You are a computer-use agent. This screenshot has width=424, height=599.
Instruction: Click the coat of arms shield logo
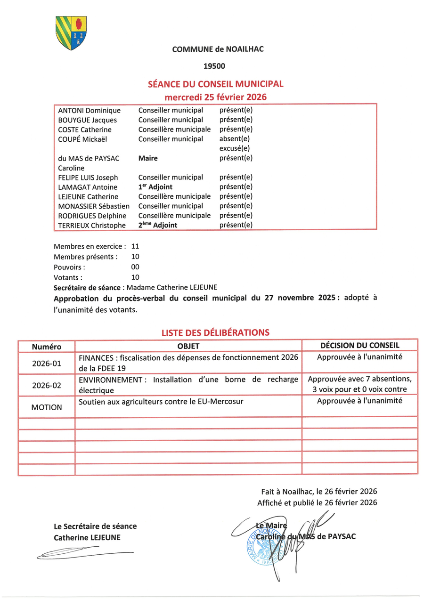tap(71, 33)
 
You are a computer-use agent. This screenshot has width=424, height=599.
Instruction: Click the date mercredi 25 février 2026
tap(215, 97)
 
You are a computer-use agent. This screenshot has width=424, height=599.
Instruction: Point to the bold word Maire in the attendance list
tap(148, 158)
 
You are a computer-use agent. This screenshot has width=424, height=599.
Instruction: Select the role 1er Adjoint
tap(155, 187)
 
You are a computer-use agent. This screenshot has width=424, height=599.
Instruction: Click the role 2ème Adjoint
tap(157, 225)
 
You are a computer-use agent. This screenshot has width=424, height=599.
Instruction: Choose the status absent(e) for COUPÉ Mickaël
tap(234, 139)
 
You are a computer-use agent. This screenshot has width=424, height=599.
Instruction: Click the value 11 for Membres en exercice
tap(135, 246)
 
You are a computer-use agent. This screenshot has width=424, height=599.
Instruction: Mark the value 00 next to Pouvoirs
tap(135, 267)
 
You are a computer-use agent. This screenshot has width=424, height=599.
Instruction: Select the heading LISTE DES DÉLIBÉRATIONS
tap(215, 332)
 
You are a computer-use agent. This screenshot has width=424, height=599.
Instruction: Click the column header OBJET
tap(188, 346)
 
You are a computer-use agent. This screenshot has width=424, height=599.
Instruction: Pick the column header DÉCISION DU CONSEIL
tap(359, 345)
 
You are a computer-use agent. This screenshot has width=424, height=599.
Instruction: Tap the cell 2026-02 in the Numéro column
tap(47, 385)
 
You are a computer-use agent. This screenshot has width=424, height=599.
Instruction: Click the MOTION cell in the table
tap(47, 407)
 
